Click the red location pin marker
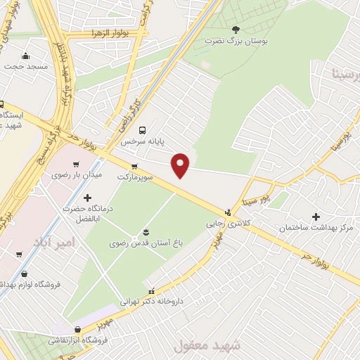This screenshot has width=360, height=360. [181, 165]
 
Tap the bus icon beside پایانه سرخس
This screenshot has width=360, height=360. [143, 130]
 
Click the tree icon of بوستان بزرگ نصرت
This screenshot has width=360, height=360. [236, 29]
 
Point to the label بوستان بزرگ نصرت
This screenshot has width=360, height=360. [236, 41]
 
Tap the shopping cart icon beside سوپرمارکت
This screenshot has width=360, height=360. [134, 167]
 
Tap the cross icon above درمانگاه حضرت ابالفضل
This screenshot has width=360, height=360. [87, 198]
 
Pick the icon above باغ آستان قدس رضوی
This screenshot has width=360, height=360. [146, 232]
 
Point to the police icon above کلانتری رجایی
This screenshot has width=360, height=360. [227, 211]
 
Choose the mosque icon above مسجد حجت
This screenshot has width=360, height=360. [26, 56]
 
